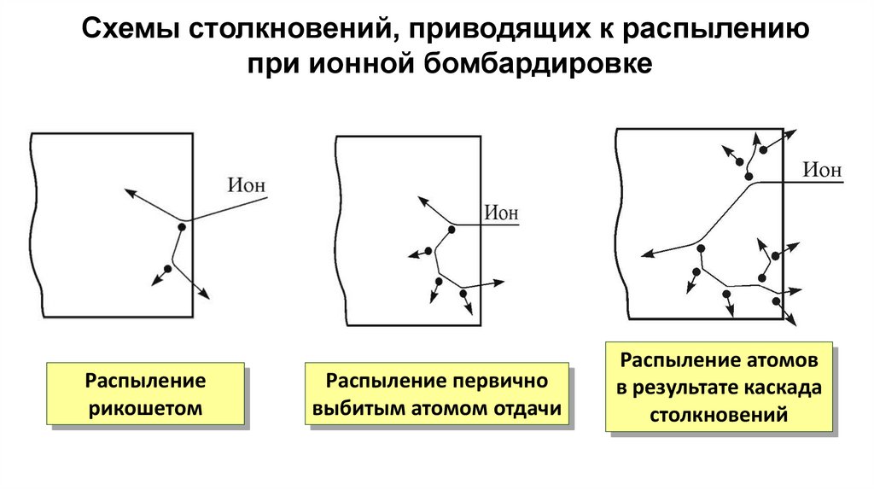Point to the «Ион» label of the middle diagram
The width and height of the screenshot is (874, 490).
pyautogui.click(x=502, y=213)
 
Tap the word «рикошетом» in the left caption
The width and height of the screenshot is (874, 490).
pyautogui.click(x=144, y=408)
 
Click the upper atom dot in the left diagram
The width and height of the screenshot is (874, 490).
pyautogui.click(x=182, y=226)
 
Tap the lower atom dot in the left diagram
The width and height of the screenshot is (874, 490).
pyautogui.click(x=167, y=269)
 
